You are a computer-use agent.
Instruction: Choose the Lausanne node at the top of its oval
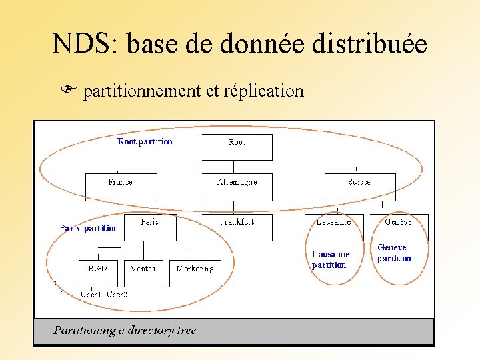333,222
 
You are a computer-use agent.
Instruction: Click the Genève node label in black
398,222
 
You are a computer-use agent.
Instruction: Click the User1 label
91,294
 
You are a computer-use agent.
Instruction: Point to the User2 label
117,294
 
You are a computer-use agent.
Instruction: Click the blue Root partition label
145,141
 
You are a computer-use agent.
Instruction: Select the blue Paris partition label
89,228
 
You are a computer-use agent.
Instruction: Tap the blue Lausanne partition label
330,259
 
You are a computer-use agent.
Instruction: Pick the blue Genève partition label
394,253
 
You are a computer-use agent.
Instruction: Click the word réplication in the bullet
263,91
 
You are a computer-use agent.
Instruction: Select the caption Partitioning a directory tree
125,331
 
